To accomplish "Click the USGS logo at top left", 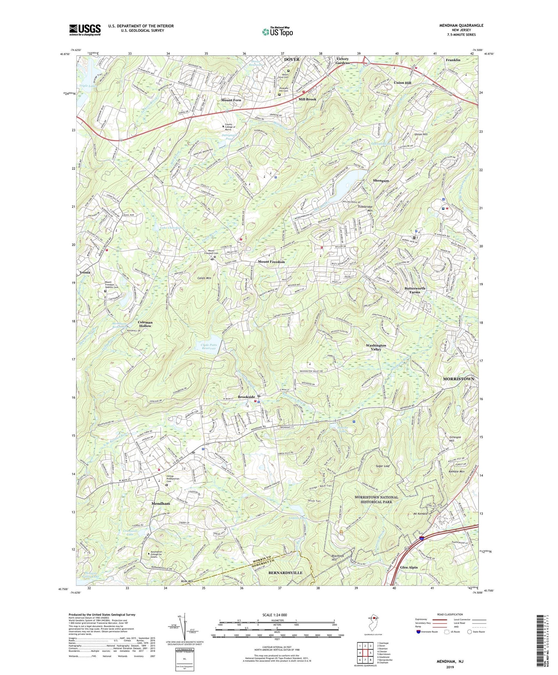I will pos(85,30).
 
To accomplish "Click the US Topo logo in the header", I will pos(277,32).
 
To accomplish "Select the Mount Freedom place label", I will pos(271,262).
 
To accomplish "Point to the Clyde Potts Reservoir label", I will pos(209,346).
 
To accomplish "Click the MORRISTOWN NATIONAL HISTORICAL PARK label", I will pos(376,499).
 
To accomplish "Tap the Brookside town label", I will pos(246,397).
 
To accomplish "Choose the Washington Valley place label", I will pos(376,347).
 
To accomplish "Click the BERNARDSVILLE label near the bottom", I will pos(285,572).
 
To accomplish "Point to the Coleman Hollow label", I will pos(145,324).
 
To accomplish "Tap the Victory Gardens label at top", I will pos(343,61).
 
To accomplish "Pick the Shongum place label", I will pos(381,181).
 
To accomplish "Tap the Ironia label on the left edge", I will pos(84,272).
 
